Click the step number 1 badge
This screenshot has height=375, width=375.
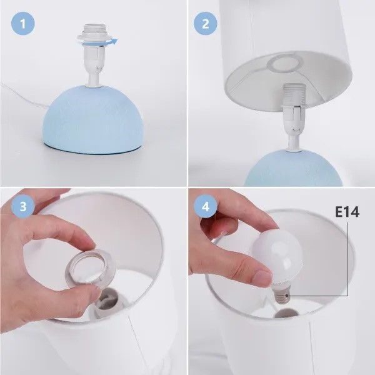coord(23,24)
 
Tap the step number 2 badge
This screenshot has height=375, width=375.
coord(206,24)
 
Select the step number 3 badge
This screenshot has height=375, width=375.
coord(23,206)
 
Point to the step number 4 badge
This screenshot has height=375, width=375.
coord(206,206)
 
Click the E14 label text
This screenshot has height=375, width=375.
coord(347,212)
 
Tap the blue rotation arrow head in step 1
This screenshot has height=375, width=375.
coord(115,41)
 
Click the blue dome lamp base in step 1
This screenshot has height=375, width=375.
coord(93,119)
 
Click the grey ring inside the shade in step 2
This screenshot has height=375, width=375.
coord(283,63)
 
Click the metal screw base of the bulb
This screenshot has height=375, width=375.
coord(282,295)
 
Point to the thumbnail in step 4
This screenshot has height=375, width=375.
coord(262,277)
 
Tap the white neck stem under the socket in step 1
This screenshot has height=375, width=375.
coord(93,79)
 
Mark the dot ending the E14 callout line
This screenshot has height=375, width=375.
coord(287,296)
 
